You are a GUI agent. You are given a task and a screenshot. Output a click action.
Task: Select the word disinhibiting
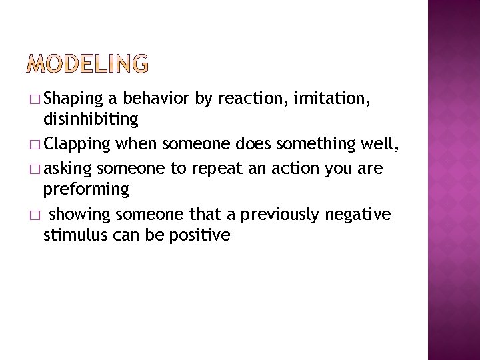point(91,120)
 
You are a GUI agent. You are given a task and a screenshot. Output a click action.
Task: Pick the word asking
point(69,169)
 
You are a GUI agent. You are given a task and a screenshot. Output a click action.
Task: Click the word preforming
point(86,190)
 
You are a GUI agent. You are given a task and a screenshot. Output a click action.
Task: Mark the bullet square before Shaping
point(35,100)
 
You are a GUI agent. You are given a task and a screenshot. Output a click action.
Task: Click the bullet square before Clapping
point(35,145)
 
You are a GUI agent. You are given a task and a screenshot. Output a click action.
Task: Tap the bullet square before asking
point(35,169)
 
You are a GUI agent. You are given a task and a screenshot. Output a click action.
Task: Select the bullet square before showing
point(35,215)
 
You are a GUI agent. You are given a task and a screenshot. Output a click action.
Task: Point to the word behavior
point(156,99)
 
